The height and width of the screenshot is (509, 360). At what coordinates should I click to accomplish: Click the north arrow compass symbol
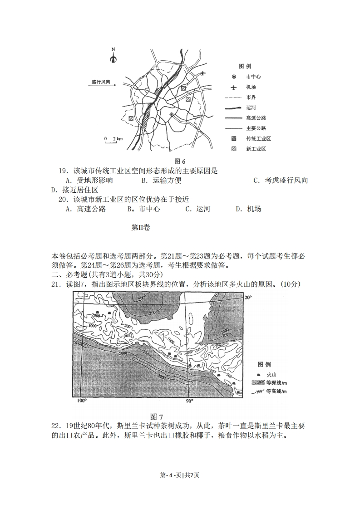[113, 56]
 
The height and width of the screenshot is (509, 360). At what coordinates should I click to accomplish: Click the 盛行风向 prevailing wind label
[101, 82]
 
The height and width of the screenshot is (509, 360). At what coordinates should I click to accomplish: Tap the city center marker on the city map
[171, 115]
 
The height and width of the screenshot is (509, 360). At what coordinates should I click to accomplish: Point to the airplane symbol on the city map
[202, 73]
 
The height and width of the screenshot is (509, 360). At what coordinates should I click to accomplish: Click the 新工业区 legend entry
[256, 149]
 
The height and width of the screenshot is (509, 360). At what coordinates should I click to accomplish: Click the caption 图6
[180, 162]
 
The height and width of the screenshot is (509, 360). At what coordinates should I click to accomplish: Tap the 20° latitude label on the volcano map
[248, 298]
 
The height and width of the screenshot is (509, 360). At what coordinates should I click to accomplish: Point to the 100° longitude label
[81, 401]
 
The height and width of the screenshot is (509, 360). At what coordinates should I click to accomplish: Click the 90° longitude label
[189, 401]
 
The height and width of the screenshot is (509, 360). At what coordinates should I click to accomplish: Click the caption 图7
[156, 416]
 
